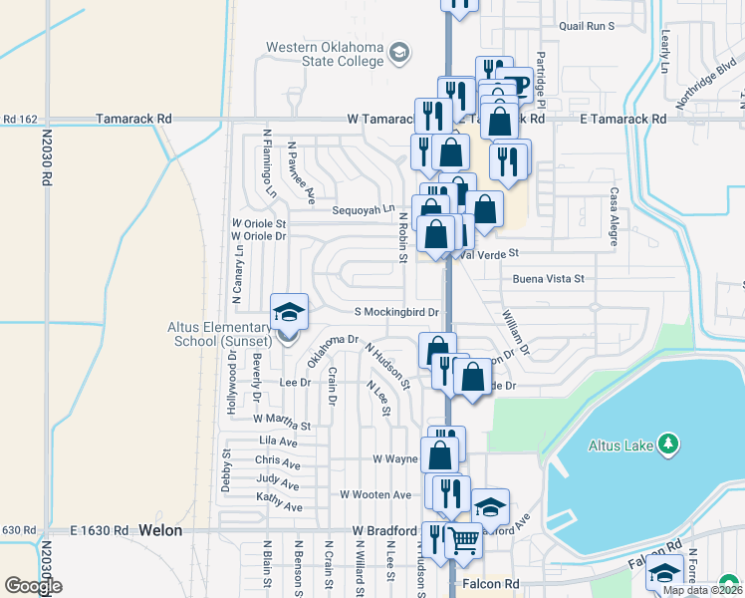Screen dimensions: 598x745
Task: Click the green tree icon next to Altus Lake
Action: [671, 444]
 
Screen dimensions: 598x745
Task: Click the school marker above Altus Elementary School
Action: [289, 312]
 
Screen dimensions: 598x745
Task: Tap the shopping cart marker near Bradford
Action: [463, 541]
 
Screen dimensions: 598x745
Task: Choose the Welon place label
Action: [160, 530]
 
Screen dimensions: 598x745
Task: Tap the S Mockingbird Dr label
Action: [397, 312]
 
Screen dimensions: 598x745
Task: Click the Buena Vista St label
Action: [548, 281]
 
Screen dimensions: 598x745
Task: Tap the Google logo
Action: [33, 586]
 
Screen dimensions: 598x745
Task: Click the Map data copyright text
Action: [701, 590]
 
